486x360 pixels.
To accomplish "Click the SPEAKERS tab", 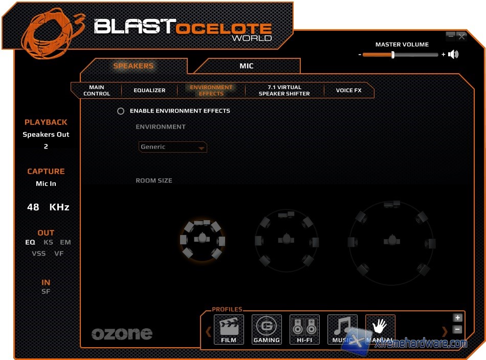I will [133, 66].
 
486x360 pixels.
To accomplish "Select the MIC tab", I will [246, 66].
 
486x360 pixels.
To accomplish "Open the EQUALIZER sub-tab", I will [149, 91].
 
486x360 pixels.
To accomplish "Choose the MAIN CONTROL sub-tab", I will [96, 91].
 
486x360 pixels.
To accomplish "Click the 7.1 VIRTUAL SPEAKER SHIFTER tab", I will [284, 91].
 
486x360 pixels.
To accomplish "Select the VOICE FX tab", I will [348, 91].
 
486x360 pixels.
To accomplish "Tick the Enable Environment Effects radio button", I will [121, 111].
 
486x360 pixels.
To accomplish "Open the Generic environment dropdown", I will [173, 147].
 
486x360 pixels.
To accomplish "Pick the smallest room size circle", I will [203, 239].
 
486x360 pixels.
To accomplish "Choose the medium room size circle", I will [286, 240].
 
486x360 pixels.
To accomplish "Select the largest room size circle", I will [392, 240].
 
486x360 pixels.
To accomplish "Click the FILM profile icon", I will [229, 329].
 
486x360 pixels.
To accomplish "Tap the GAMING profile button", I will [267, 329].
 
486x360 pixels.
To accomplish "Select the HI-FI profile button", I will [304, 329].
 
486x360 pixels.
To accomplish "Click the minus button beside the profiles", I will [457, 330].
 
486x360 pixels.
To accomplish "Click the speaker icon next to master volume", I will [453, 54].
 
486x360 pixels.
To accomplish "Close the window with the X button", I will [462, 36].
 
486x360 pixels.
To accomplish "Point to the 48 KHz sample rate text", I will [48, 207].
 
